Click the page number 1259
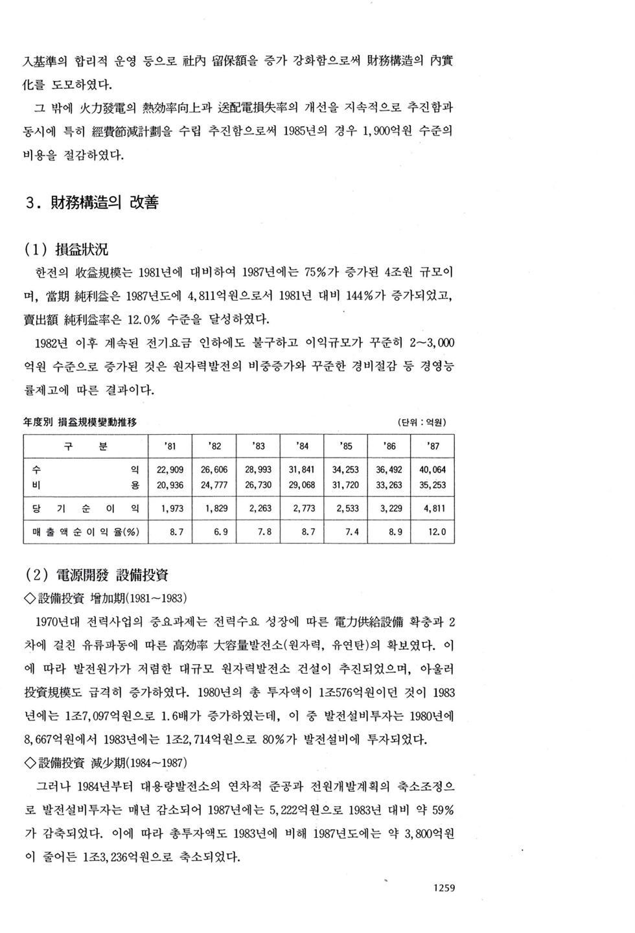coord(443,888)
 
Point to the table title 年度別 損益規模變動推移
coord(80,422)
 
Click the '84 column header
coord(302,446)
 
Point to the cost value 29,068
coord(302,485)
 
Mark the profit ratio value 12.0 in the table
coord(436,533)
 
